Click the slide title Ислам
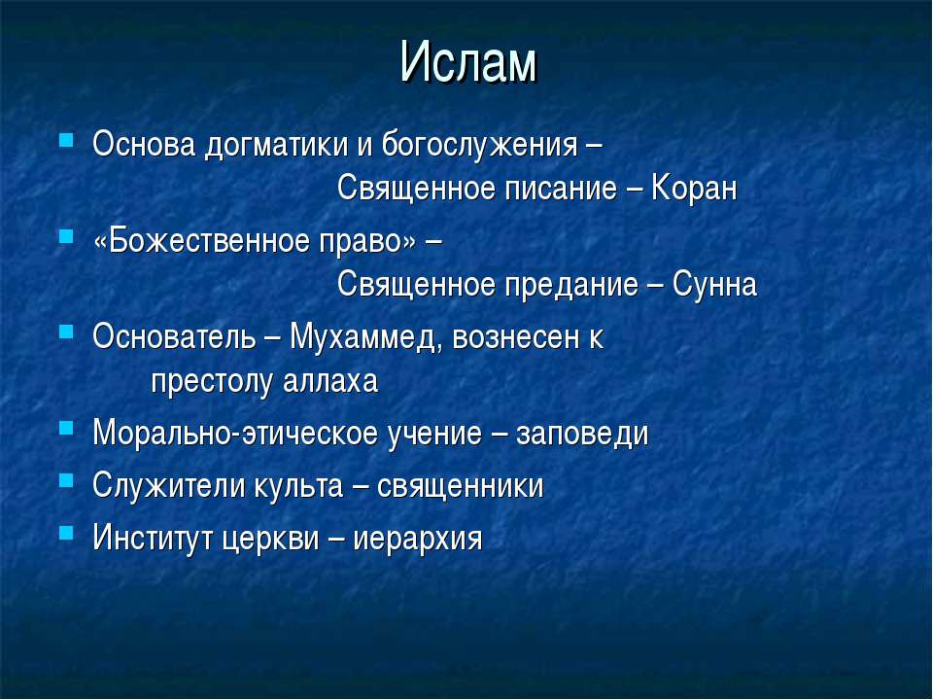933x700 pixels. point(468,62)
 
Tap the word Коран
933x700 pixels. point(694,188)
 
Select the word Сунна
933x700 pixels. point(714,285)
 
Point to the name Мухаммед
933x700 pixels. point(365,338)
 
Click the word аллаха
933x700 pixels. point(330,381)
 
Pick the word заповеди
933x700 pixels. point(582,434)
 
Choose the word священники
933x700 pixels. point(460,486)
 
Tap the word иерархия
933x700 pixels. point(417,540)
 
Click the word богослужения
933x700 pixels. point(479,145)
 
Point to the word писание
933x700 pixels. point(561,189)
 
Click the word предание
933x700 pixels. point(571,285)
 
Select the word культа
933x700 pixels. point(299,486)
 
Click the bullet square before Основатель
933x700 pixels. point(66,331)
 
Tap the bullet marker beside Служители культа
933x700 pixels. point(66,479)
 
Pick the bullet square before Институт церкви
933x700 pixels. point(66,532)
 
